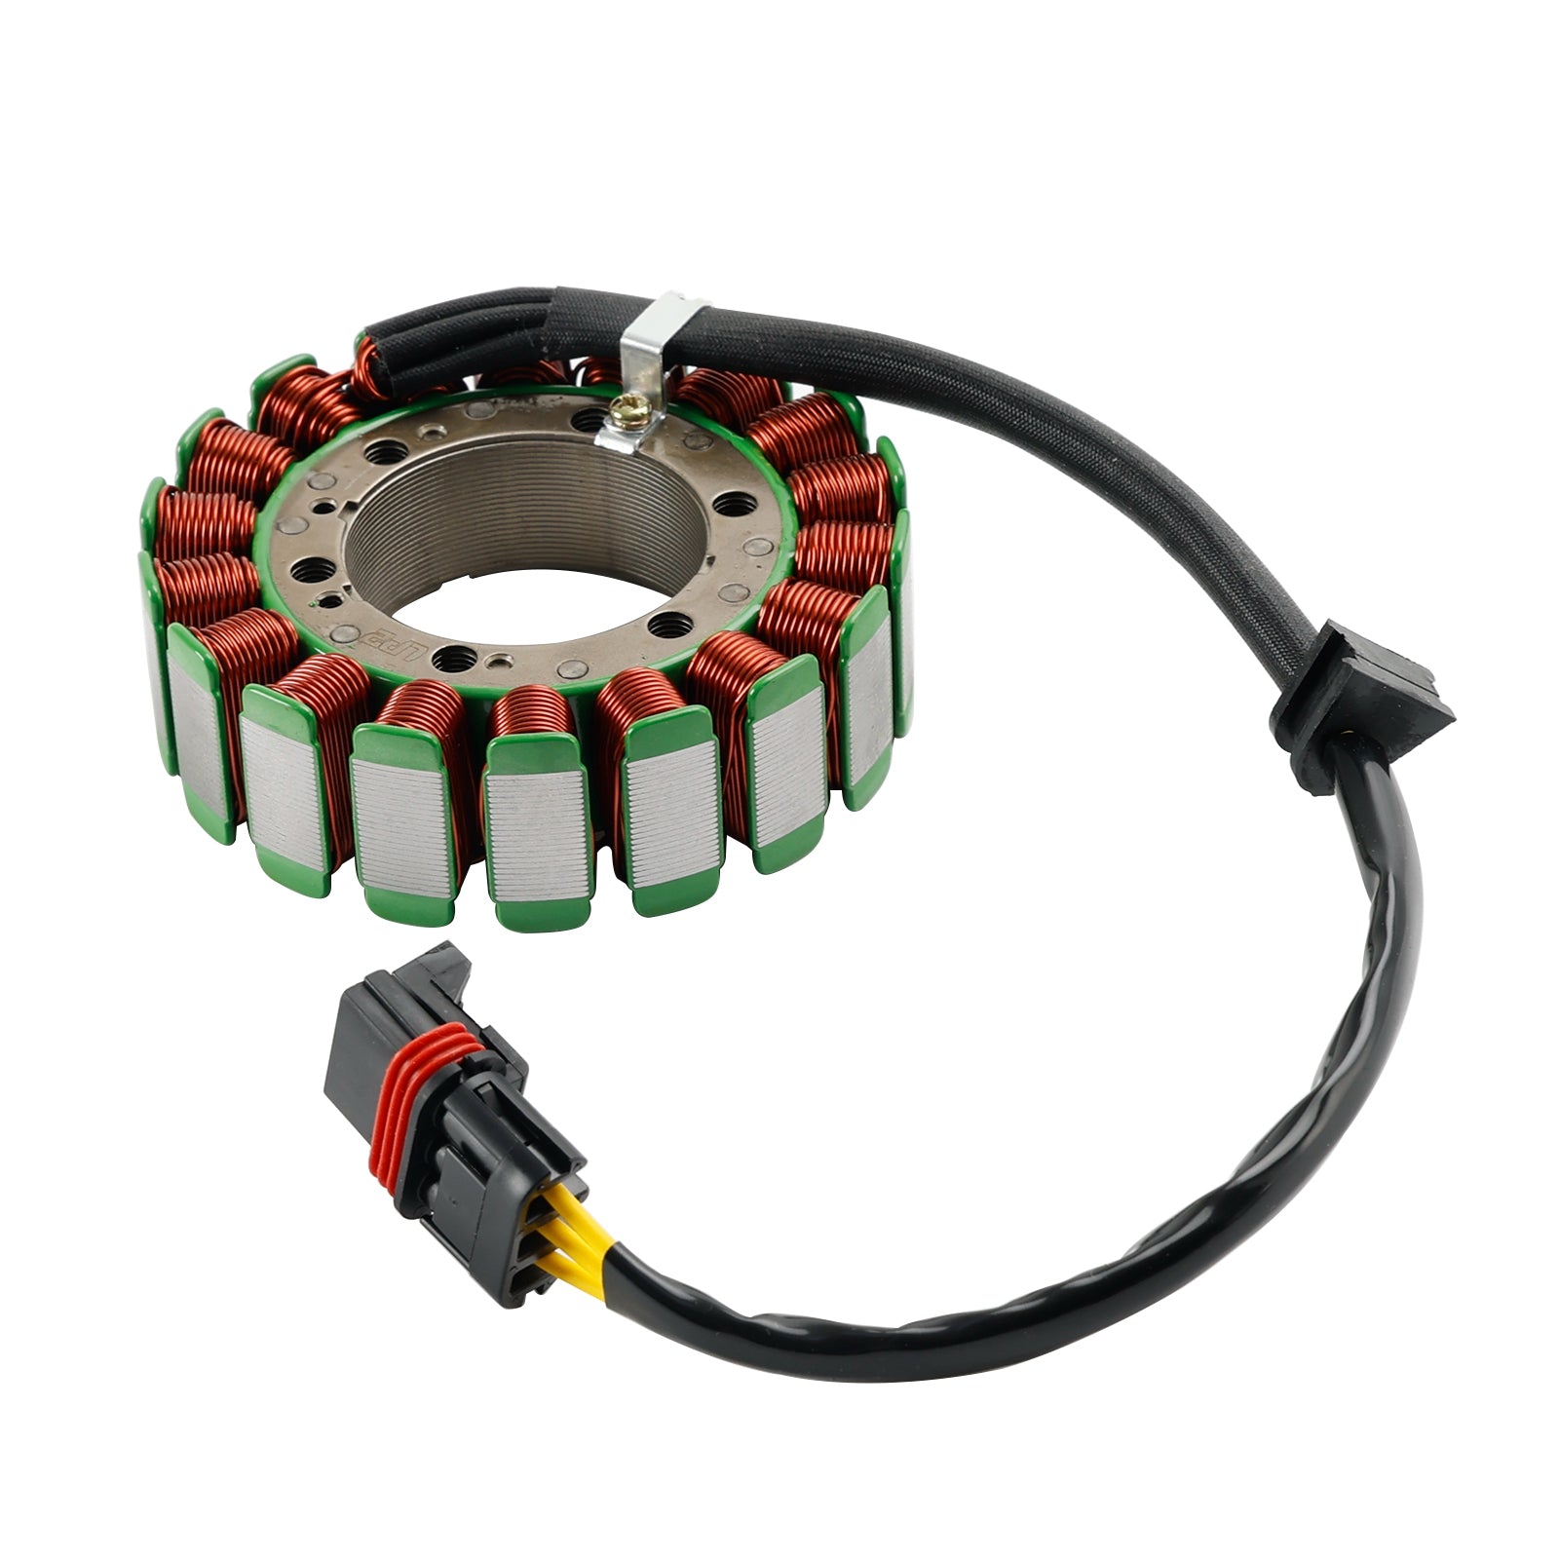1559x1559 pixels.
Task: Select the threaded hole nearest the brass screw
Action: point(587,419)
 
